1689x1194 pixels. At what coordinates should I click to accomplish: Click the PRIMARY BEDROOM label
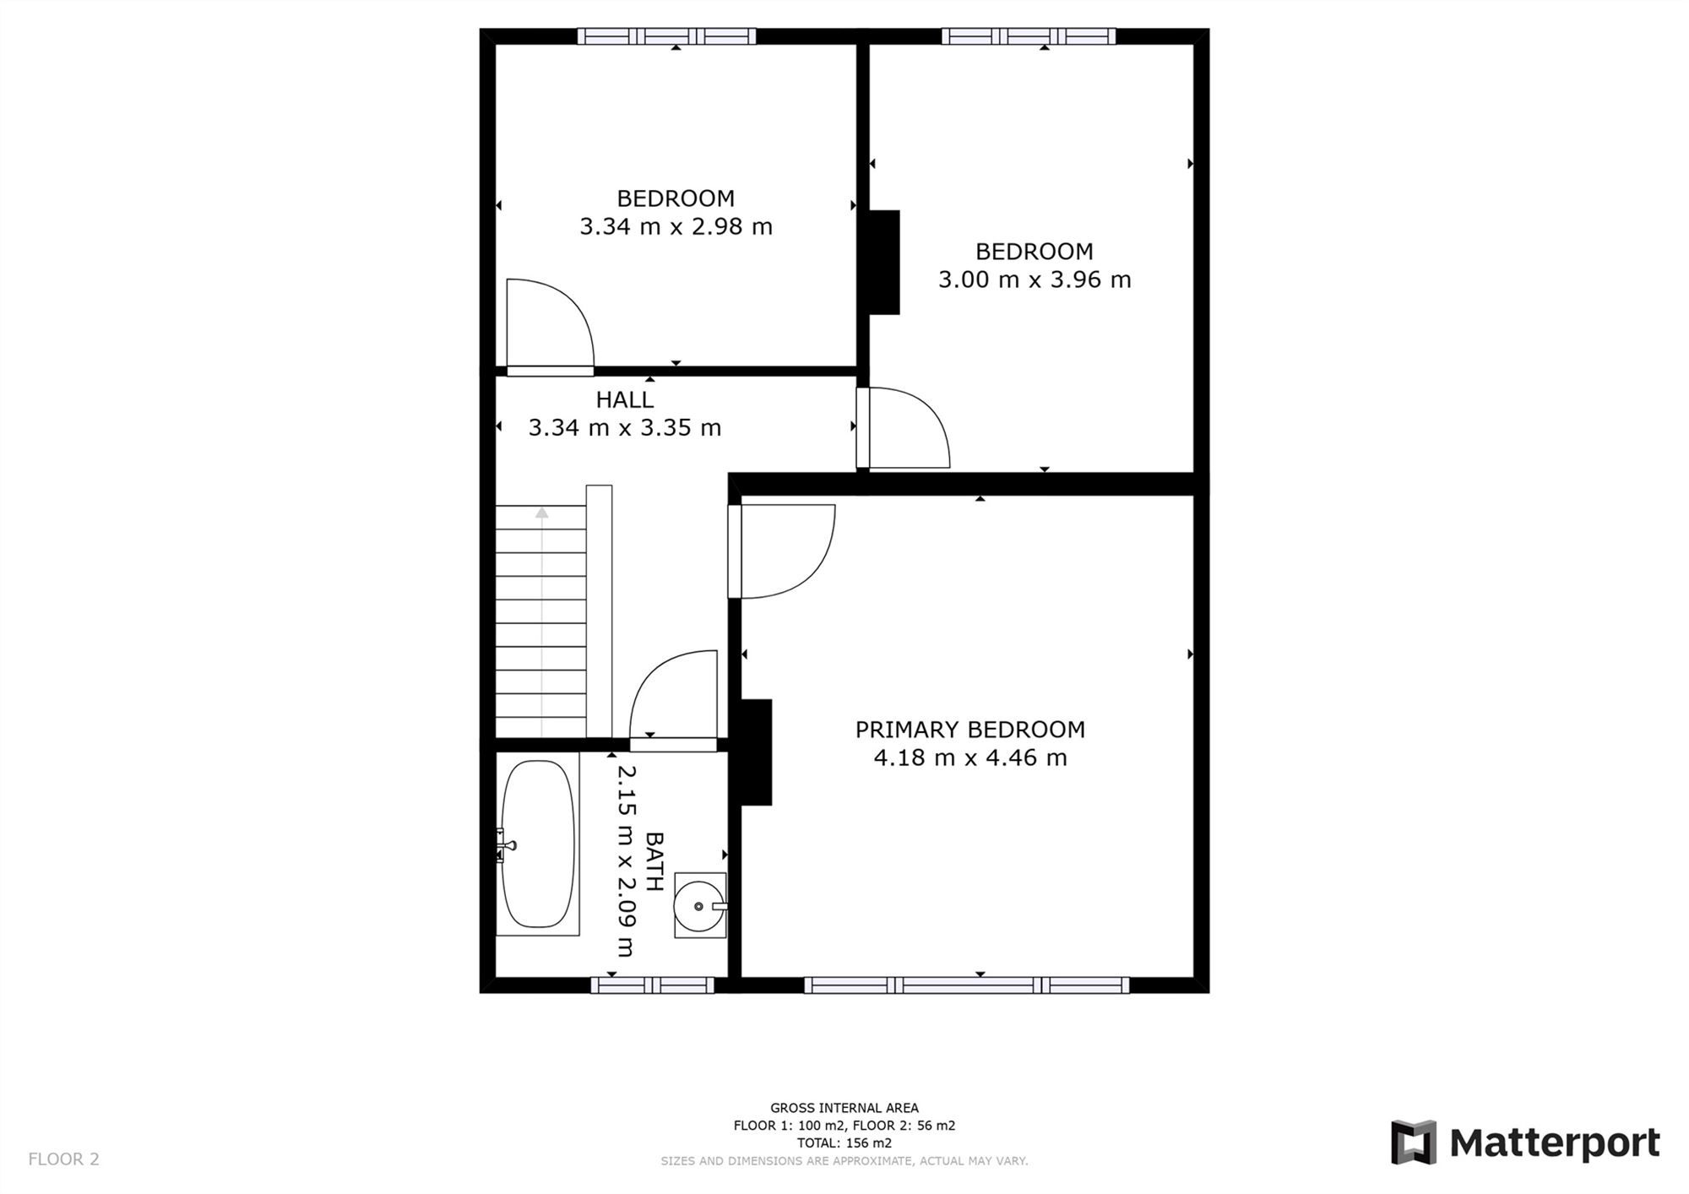pos(969,730)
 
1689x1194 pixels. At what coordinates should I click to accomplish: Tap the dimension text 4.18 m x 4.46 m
pos(969,758)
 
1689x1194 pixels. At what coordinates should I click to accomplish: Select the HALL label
pos(624,399)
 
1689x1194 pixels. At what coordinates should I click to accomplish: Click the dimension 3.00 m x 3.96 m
pos(1034,280)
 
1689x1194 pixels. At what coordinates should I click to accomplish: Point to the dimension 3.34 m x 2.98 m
pos(676,226)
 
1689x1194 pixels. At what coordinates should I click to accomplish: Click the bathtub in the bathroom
pos(538,844)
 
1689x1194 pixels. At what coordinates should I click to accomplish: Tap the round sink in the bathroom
pos(698,906)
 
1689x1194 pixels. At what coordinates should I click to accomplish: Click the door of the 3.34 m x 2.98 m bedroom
pos(549,325)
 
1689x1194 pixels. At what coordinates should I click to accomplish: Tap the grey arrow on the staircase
pos(541,513)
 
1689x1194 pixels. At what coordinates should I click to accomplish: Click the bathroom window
pos(652,985)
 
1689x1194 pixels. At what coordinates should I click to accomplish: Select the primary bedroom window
pos(966,985)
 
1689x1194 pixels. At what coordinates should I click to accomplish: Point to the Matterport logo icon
pos(1413,1142)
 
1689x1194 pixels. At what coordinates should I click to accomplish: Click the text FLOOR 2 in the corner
pos(63,1159)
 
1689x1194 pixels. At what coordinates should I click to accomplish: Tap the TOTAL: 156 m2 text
pos(844,1143)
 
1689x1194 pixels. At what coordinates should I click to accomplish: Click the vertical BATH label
pos(654,861)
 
